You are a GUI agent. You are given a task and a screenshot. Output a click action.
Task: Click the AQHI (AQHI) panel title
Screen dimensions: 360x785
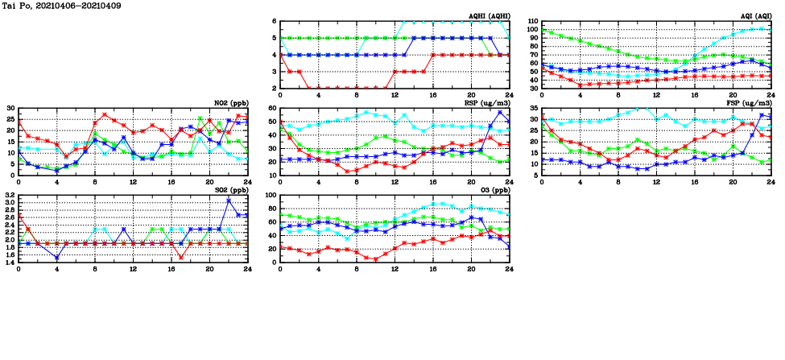coord(489,15)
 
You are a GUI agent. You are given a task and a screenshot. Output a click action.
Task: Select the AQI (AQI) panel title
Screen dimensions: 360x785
coord(754,15)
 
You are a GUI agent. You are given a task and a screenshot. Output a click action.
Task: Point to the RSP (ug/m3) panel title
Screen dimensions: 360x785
coord(487,102)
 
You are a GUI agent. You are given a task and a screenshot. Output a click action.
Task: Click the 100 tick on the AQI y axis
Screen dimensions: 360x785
coord(533,30)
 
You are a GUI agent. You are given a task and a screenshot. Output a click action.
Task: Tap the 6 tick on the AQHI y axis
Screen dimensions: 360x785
coord(275,22)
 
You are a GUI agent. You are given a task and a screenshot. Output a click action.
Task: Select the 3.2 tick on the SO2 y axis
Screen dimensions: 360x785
coord(10,196)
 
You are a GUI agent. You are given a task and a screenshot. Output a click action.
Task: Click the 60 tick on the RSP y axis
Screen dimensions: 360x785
coord(273,109)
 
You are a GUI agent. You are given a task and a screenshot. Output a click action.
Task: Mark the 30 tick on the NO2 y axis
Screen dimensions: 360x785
coord(11,109)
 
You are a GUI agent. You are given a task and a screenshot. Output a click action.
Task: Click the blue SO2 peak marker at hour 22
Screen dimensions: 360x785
coord(229,200)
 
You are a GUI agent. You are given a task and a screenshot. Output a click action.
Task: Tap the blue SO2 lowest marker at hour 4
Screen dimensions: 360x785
coord(57,258)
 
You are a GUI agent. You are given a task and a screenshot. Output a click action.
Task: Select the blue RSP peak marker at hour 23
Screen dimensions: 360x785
coord(500,112)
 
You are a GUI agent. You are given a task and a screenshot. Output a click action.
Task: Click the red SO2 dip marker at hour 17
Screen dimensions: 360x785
coord(181,258)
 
